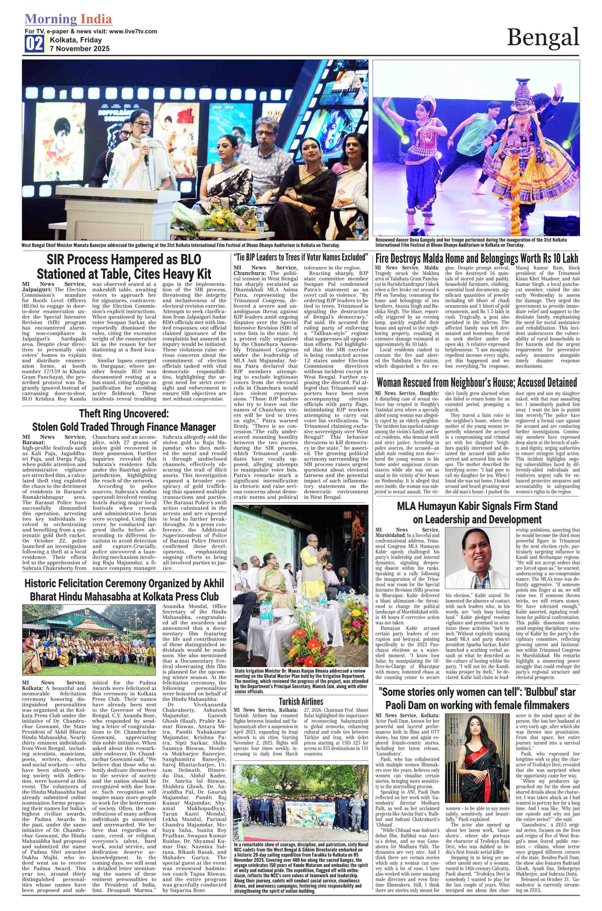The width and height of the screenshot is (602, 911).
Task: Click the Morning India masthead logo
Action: [68, 19]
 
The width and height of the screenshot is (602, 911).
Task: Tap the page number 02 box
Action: [34, 44]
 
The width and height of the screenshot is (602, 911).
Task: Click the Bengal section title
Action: [543, 38]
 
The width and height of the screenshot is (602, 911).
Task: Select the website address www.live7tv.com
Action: [133, 31]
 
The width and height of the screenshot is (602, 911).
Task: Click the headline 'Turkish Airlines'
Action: [301, 702]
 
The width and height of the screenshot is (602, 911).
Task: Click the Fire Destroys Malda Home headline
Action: [476, 258]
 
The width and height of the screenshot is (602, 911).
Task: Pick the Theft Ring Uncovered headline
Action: [124, 414]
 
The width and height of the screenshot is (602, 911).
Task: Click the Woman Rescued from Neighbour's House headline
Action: [476, 383]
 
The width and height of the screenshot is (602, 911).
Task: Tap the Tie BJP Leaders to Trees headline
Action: [301, 257]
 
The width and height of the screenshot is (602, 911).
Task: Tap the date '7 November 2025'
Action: [79, 49]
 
